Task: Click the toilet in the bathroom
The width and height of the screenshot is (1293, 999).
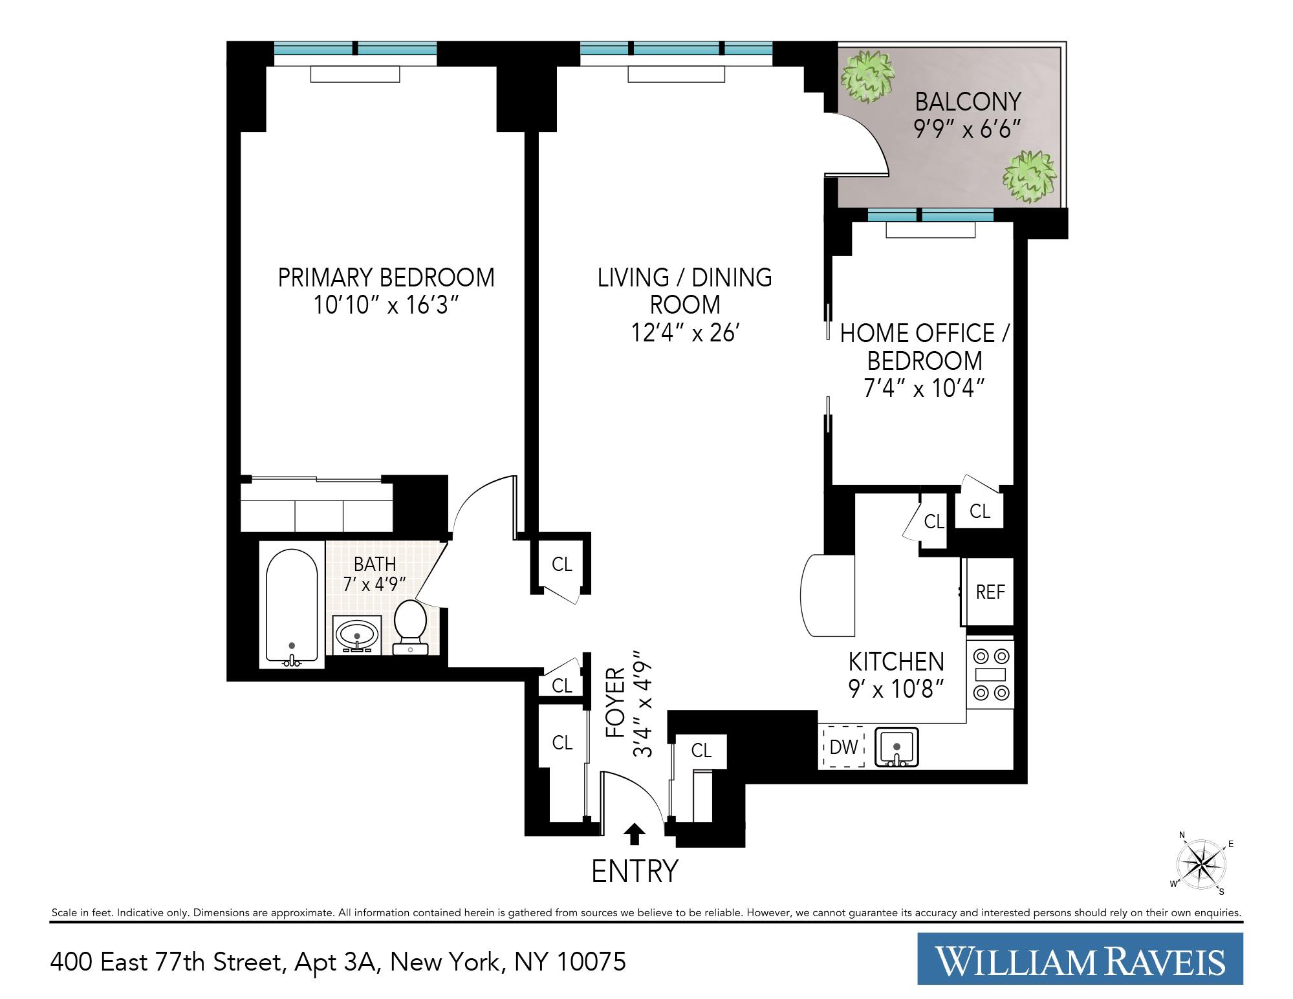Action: point(410,625)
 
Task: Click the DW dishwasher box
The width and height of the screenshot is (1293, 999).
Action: point(843,747)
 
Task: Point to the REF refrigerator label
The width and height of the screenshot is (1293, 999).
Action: point(990,592)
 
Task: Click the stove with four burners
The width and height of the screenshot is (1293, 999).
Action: point(990,674)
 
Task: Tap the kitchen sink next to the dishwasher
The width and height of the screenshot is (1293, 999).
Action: point(896,747)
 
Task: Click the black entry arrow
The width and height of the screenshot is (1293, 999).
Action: point(635,833)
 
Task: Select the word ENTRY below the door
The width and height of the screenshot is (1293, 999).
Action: point(635,871)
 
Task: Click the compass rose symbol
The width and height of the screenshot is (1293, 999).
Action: point(1201,864)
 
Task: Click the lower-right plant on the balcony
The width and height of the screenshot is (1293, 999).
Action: point(1029,176)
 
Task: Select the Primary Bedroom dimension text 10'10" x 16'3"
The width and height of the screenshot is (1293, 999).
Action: point(386,305)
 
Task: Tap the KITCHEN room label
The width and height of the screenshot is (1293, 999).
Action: point(896,661)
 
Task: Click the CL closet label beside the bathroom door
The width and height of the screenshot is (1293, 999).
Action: point(561,564)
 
